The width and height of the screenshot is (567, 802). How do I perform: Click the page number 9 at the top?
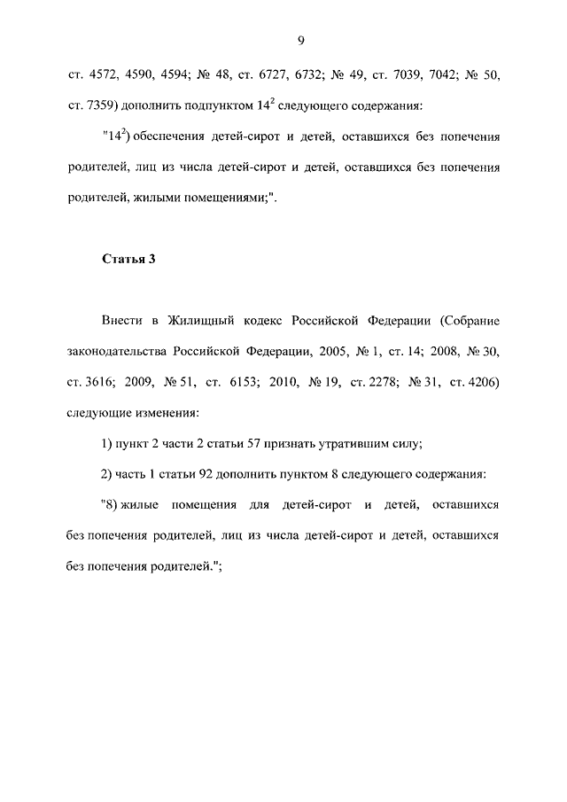click(x=301, y=41)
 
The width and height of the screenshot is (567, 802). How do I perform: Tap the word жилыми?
click(x=152, y=199)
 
